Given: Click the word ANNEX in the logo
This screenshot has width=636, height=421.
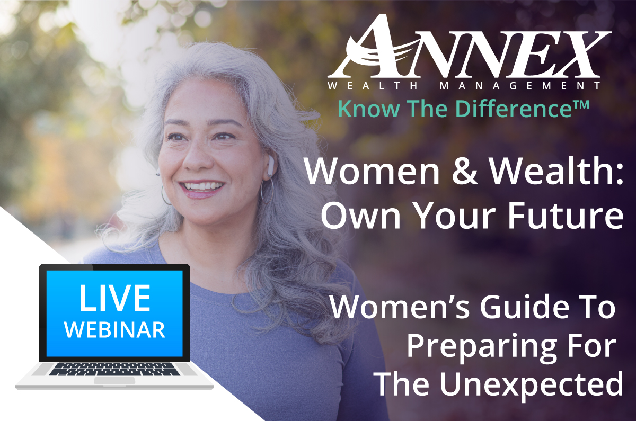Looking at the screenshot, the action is (469, 46).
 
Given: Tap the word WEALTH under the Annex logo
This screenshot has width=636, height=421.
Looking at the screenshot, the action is (373, 86).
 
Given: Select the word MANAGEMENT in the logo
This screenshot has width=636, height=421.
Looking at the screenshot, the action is (520, 86).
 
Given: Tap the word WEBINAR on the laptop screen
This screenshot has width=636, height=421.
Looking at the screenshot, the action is (114, 329).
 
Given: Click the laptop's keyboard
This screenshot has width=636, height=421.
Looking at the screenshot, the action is (114, 369).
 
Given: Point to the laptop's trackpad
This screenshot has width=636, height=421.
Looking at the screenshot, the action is (114, 380).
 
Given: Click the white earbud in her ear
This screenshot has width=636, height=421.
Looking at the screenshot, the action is (271, 166).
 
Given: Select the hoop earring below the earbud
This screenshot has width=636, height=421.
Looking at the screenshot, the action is (267, 190).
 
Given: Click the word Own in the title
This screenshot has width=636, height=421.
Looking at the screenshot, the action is (360, 216).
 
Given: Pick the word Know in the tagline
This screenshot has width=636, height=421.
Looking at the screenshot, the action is (369, 109).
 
